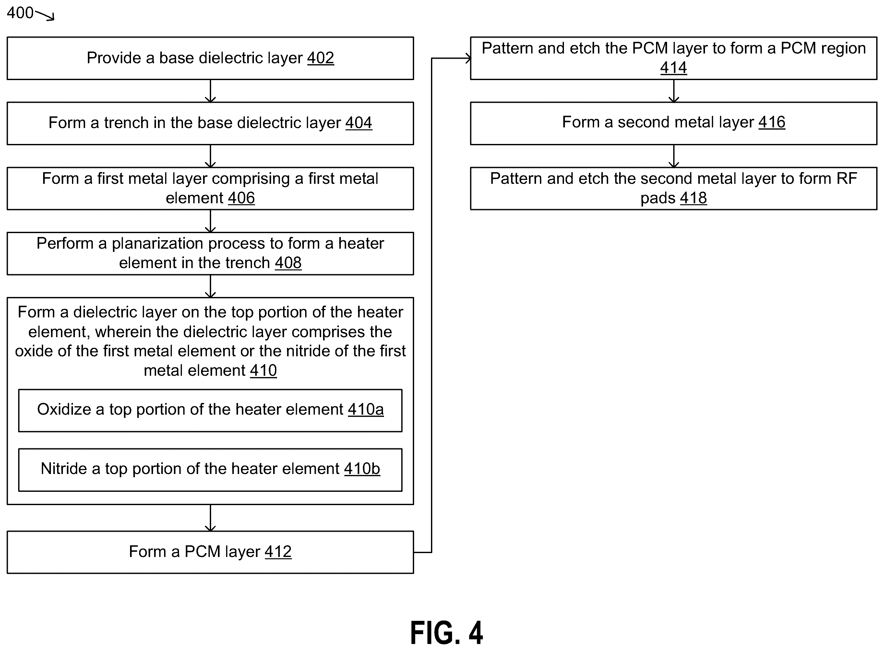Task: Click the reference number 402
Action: (320, 58)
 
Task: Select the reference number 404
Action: (359, 123)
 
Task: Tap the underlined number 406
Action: (241, 198)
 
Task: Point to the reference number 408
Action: (288, 263)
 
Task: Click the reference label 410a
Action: (366, 409)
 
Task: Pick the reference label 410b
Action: (362, 468)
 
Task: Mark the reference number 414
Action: (674, 68)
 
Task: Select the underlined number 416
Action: (772, 122)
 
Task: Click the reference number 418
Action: (693, 198)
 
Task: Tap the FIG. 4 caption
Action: (447, 633)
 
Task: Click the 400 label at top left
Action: (20, 13)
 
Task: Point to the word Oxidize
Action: (64, 409)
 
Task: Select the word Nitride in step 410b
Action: (64, 468)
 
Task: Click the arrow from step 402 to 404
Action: (210, 91)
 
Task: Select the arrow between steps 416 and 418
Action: (674, 156)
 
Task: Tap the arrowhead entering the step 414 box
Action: (468, 58)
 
